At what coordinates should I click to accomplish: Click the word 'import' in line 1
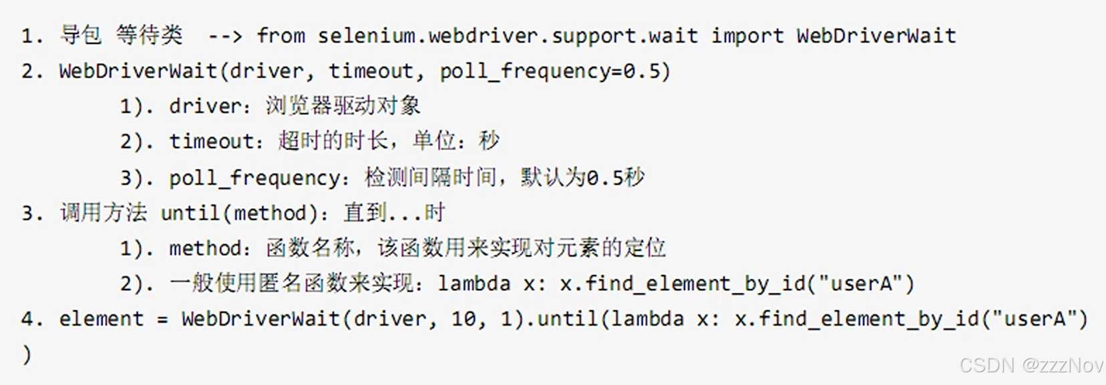(747, 35)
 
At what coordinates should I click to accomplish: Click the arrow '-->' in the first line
(225, 35)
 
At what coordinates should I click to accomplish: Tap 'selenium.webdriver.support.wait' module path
(508, 35)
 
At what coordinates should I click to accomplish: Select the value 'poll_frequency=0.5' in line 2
(554, 71)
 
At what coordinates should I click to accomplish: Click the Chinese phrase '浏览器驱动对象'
(343, 106)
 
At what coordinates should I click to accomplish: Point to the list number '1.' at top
(31, 35)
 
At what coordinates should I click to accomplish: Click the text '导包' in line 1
(81, 35)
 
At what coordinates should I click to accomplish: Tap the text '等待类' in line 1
(149, 35)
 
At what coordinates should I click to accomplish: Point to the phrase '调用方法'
(103, 213)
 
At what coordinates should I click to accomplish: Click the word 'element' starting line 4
(101, 319)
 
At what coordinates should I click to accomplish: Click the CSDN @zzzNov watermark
(1031, 365)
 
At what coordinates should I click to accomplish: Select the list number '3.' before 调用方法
(31, 213)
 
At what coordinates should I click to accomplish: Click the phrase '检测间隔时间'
(430, 177)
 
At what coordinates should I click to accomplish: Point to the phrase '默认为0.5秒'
(582, 177)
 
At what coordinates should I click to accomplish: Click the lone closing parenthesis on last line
(26, 354)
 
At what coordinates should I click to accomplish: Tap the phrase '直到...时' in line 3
(394, 213)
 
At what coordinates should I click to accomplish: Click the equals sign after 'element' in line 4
(162, 319)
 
